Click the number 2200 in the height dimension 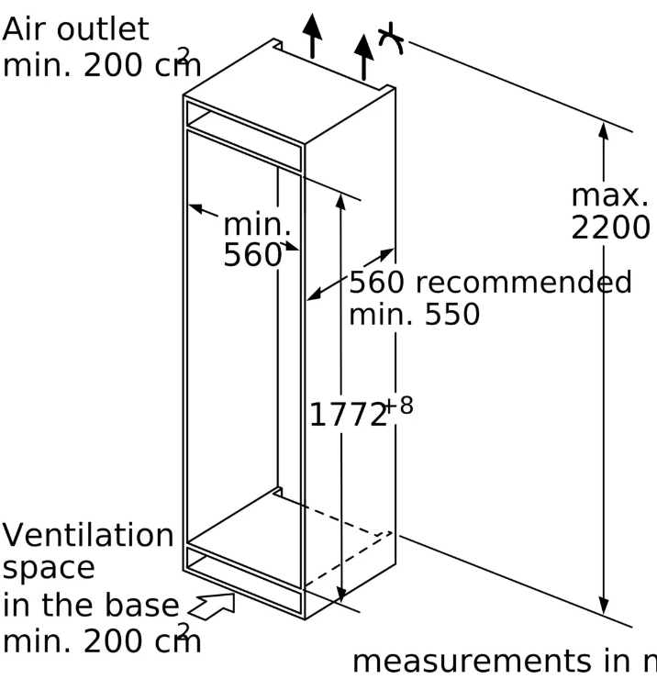point(610,227)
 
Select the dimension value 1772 point(348,416)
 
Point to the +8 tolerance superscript point(399,405)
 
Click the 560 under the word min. point(251,255)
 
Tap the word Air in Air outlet point(23,28)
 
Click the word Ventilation point(87,534)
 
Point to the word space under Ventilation point(48,568)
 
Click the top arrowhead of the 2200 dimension point(604,130)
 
